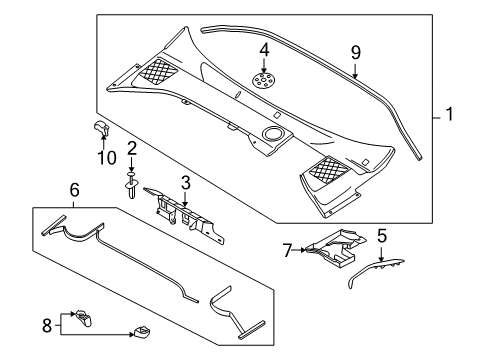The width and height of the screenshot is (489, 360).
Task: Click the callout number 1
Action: (x=449, y=114)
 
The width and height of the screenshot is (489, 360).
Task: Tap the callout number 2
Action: (x=132, y=148)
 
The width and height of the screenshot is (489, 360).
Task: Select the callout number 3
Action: (x=186, y=183)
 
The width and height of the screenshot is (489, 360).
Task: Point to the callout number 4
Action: (x=264, y=50)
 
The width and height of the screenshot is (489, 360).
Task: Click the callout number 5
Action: (x=382, y=236)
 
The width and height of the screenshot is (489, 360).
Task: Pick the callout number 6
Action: (x=75, y=190)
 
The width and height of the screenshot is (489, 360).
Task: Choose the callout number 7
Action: (x=287, y=250)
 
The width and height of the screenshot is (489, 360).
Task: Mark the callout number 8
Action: (x=47, y=325)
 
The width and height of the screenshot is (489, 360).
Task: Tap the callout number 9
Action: (x=356, y=52)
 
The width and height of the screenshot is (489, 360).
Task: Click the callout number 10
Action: (x=107, y=158)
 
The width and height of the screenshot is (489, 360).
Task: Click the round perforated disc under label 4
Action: (x=264, y=81)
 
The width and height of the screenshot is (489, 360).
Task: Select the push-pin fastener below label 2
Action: (x=132, y=185)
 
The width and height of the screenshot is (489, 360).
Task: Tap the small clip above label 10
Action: (x=101, y=129)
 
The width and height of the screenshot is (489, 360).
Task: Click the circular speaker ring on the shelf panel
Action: (x=273, y=134)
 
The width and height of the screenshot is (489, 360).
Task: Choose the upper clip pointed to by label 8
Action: (x=83, y=317)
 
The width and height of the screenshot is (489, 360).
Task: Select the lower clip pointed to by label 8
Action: (x=142, y=332)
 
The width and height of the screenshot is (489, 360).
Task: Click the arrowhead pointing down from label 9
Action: (x=355, y=76)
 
